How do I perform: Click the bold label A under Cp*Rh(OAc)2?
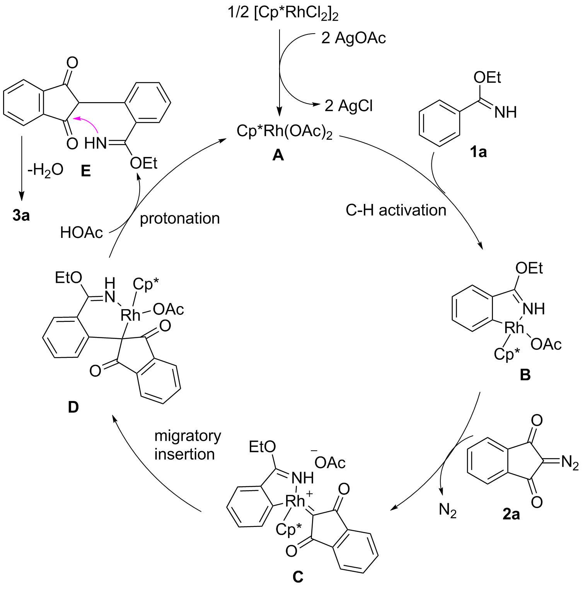pos(278,156)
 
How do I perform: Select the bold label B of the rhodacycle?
pos(525,375)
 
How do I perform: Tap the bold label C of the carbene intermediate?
pos(298,577)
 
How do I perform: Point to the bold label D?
pos(73,407)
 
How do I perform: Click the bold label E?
pos(85,171)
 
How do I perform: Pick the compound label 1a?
pos(478,152)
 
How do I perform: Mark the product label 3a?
pos(21,215)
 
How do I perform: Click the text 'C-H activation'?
pos(396,210)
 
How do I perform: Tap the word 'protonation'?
pos(180,218)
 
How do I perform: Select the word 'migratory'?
pos(188,436)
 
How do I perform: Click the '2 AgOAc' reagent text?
pos(353,38)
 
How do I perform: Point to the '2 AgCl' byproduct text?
pos(348,105)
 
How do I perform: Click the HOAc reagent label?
pos(82,233)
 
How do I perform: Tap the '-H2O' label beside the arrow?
pos(46,169)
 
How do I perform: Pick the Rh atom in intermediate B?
pos(514,328)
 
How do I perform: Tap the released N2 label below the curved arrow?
pos(448,511)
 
